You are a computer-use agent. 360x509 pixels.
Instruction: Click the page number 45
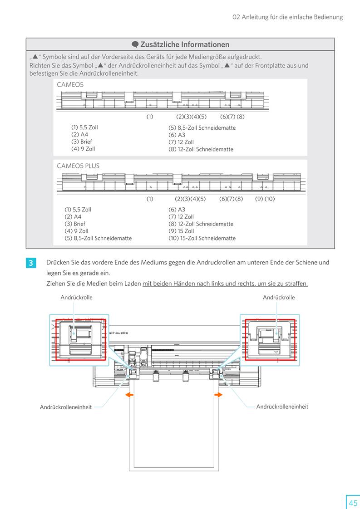pos(353,503)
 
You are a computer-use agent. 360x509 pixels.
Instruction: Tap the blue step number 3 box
pos(30,263)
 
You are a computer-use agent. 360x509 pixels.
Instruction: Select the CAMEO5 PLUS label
pos(78,166)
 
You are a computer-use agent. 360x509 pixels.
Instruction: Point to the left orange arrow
pos(129,395)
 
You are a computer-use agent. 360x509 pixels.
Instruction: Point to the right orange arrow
pos(218,395)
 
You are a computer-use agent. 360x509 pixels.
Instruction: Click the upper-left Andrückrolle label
pos(76,298)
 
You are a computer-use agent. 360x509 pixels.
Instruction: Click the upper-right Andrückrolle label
pos(279,298)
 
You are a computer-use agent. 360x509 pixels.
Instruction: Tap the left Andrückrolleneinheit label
pos(66,407)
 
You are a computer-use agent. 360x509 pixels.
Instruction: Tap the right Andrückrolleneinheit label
pos(282,406)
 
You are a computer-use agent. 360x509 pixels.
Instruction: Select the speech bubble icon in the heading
pos(135,44)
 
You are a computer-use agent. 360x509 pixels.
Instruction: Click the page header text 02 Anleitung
pos(287,17)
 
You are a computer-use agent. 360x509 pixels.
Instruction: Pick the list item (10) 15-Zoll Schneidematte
pos(202,238)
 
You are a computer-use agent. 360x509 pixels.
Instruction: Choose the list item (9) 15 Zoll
pos(181,231)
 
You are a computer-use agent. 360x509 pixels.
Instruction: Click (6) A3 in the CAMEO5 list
pos(177,135)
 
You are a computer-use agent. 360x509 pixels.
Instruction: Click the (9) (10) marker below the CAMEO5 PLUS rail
pos(265,199)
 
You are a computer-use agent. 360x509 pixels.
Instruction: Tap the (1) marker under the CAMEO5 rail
pos(150,117)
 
